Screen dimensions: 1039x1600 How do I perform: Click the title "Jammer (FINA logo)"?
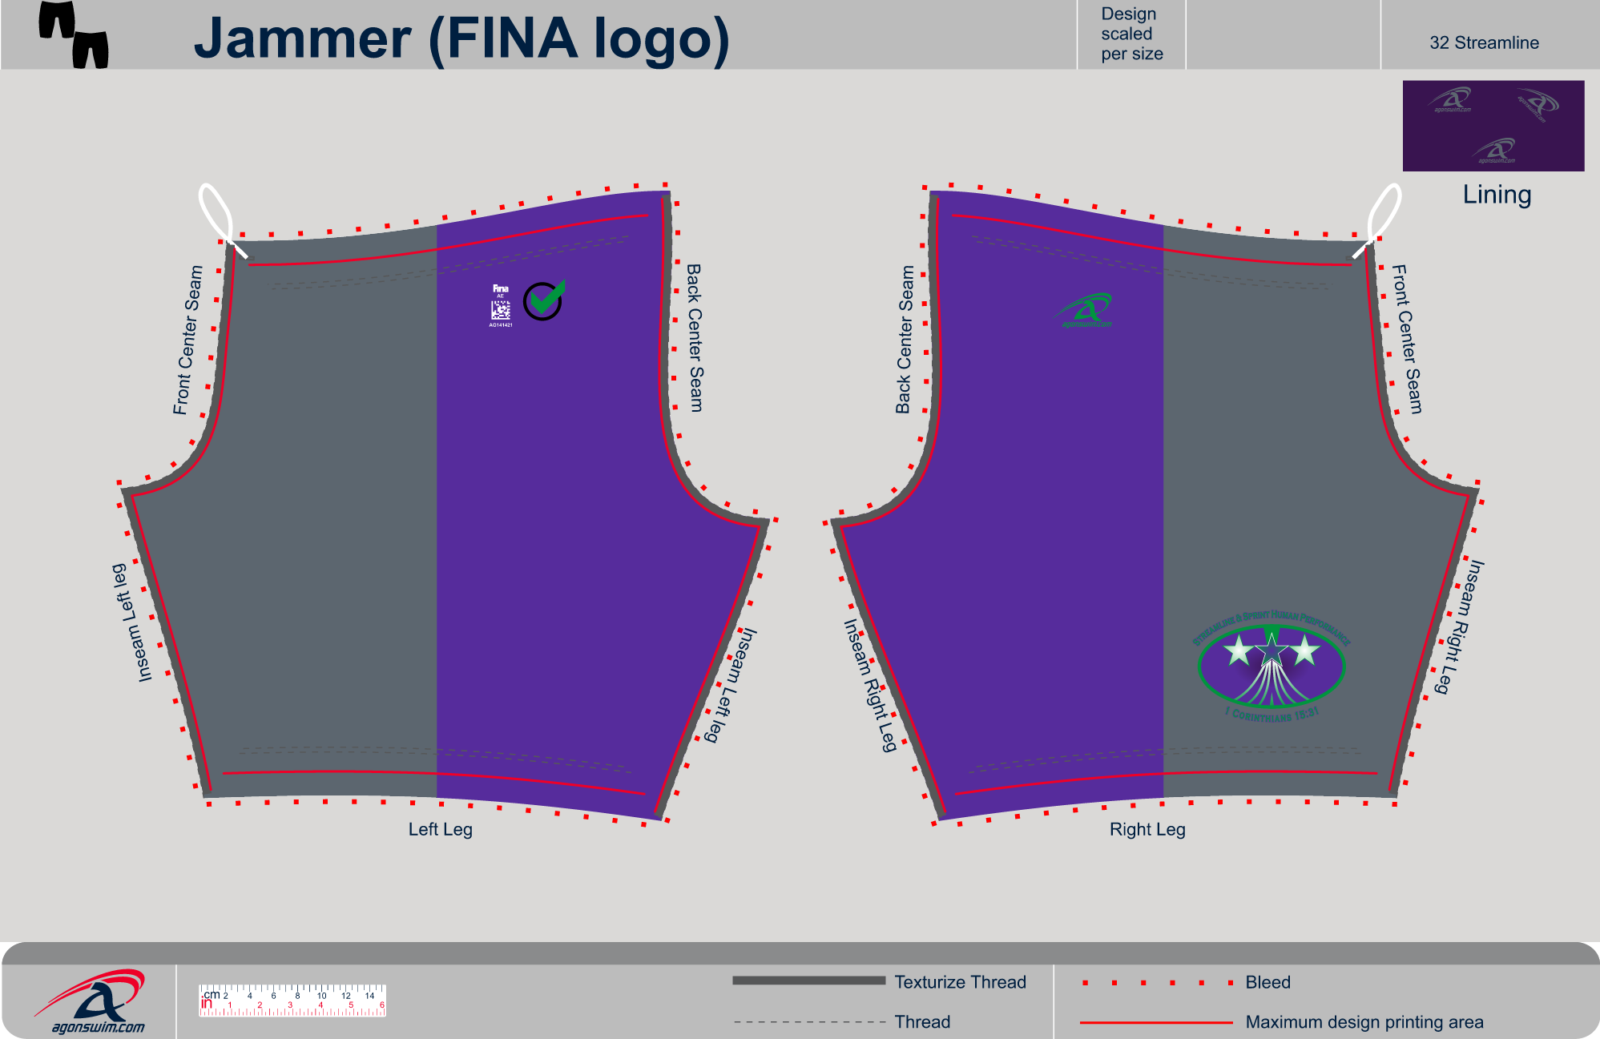461,38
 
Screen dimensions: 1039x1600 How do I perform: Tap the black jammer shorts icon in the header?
73,34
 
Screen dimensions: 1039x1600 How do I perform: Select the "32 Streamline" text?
1484,43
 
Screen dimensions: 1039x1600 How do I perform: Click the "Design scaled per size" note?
1131,34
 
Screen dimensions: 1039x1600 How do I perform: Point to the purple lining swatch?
1493,125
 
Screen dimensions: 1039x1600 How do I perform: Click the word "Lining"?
1497,195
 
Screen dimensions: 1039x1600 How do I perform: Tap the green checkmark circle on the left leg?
544,300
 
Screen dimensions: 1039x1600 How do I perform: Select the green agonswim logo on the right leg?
1084,311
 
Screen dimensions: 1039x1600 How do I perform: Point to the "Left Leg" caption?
440,829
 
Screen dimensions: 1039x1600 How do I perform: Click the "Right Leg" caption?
1147,829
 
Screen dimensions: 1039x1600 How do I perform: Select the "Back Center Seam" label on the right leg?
905,340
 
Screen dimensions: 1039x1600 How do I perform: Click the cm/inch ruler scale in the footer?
292,1001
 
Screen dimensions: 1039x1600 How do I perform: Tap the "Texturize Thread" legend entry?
960,982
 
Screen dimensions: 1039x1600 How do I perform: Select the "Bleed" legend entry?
1268,982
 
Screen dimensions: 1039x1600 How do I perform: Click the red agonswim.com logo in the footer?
92,1001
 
